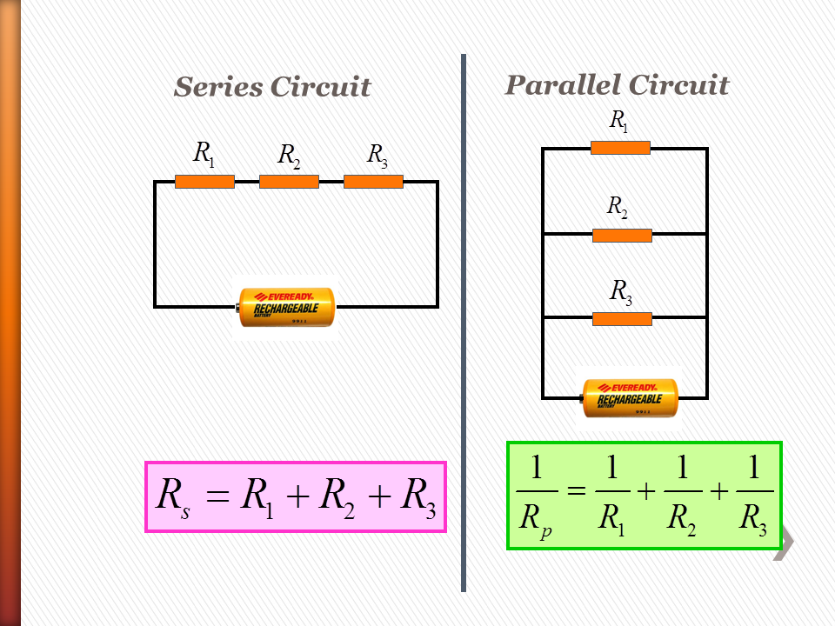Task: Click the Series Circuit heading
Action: click(x=272, y=87)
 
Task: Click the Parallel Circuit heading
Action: click(x=617, y=85)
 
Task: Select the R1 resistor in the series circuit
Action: click(x=204, y=181)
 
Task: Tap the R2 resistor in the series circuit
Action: click(x=289, y=181)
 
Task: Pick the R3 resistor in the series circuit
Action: click(x=373, y=181)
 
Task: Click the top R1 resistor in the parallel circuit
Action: click(x=620, y=148)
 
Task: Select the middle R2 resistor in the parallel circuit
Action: click(x=622, y=235)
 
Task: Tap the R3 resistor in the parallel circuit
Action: click(x=622, y=319)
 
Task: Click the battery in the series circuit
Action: click(x=287, y=307)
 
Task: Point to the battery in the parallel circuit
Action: click(x=629, y=398)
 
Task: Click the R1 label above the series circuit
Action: click(x=204, y=155)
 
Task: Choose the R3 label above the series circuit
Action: click(x=377, y=156)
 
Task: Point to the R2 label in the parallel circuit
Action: click(x=617, y=207)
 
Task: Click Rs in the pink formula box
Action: click(x=172, y=498)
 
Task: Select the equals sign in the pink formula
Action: click(x=217, y=498)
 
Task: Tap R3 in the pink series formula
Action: click(x=418, y=498)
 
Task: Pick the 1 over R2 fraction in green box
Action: click(x=682, y=495)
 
